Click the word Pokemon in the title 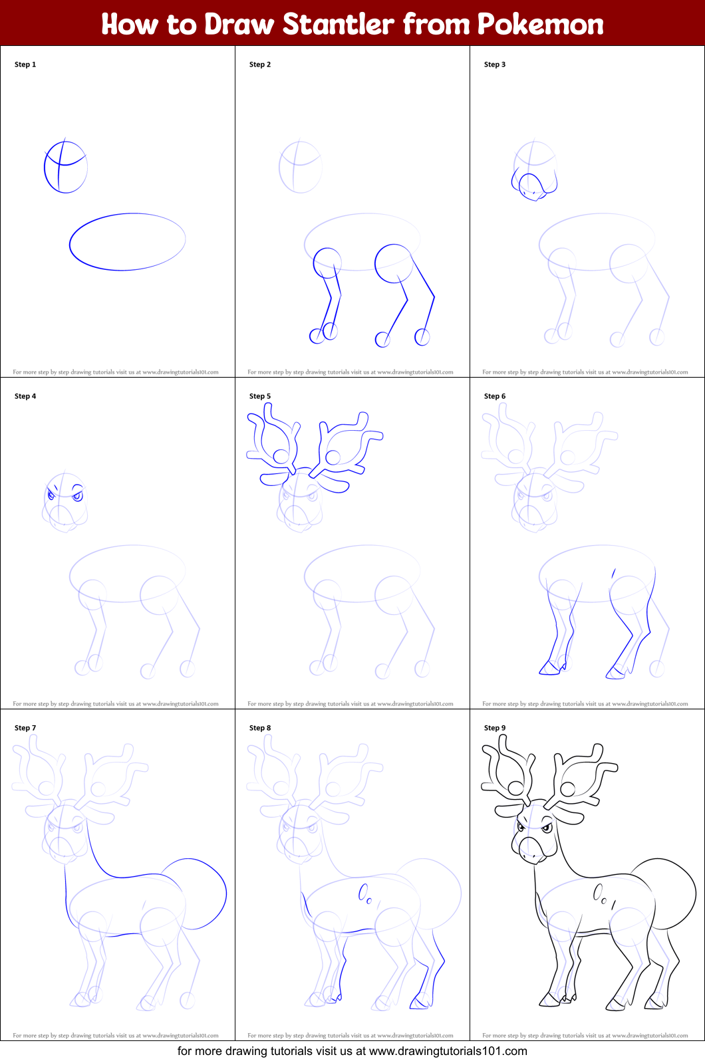pyautogui.click(x=540, y=24)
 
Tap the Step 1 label pyautogui.click(x=25, y=64)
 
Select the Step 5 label pyautogui.click(x=260, y=396)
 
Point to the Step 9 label pyautogui.click(x=495, y=728)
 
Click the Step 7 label pyautogui.click(x=25, y=728)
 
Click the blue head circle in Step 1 pyautogui.click(x=65, y=167)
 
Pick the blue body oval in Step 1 pyautogui.click(x=127, y=242)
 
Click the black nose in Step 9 pyautogui.click(x=532, y=849)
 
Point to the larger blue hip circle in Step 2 pyautogui.click(x=393, y=263)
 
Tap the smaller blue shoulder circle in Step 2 pyautogui.click(x=327, y=262)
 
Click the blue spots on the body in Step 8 pyautogui.click(x=365, y=893)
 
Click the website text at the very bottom pyautogui.click(x=352, y=1051)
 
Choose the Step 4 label pyautogui.click(x=25, y=396)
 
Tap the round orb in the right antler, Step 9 pyautogui.click(x=567, y=789)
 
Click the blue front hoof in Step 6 pyautogui.click(x=549, y=669)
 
